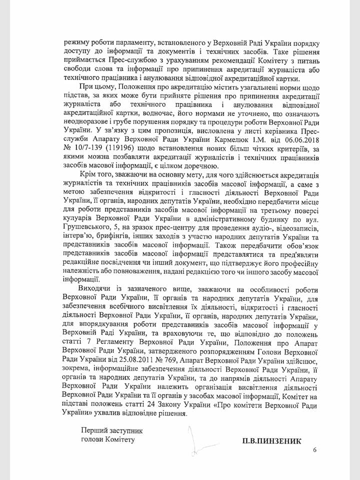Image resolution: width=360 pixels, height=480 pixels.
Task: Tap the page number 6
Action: (x=315, y=450)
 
